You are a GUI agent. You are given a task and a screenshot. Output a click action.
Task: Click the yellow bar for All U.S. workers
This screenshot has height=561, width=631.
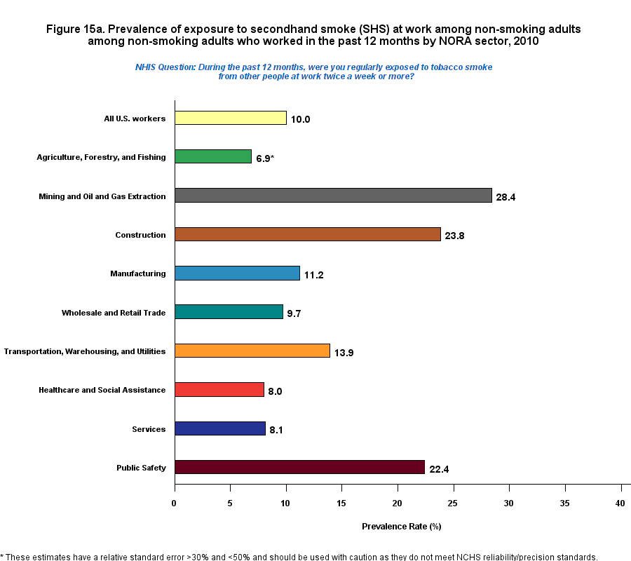230,118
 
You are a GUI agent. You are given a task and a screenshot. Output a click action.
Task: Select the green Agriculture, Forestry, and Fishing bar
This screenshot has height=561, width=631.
212,157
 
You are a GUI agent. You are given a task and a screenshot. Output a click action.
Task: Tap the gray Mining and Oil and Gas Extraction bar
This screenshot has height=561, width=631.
333,196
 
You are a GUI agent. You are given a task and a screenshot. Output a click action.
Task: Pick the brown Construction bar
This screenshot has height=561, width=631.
307,235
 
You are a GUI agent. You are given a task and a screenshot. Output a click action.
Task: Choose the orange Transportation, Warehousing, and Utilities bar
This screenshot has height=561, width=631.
252,351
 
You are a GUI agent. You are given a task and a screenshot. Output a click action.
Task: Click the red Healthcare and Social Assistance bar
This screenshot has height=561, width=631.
219,390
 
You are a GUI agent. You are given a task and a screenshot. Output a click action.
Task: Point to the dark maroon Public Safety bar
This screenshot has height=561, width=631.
299,467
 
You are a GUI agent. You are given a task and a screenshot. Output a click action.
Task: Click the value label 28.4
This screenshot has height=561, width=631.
506,197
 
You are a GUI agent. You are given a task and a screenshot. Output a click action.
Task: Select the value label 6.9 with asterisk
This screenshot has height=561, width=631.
265,158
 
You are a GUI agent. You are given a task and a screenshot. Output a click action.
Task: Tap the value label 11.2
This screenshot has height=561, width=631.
313,275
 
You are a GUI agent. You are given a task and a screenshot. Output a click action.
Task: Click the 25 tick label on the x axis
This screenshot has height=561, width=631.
454,503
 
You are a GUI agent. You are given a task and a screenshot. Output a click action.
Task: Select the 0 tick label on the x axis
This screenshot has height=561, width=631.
175,503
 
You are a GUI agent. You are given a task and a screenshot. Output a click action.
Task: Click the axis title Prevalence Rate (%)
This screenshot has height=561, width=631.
401,526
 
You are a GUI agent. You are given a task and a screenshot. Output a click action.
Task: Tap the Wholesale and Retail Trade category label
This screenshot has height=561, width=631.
114,313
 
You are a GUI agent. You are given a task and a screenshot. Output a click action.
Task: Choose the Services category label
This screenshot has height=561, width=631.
149,429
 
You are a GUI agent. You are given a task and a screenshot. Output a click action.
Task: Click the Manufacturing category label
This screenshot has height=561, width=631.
138,273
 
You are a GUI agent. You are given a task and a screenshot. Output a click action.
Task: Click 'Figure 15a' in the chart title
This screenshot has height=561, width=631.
74,29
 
